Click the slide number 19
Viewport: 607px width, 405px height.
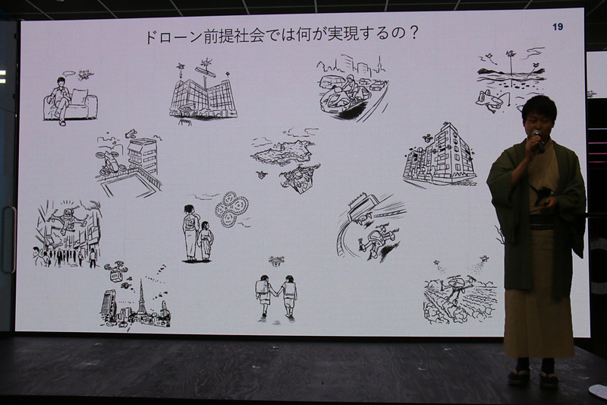coord(558,27)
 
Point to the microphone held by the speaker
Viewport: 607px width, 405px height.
coord(538,141)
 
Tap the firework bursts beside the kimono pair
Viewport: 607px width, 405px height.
coord(231,209)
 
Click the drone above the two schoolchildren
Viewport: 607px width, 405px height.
coord(275,261)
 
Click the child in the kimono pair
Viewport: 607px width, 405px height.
coord(206,241)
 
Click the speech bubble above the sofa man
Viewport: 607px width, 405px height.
coord(70,74)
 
